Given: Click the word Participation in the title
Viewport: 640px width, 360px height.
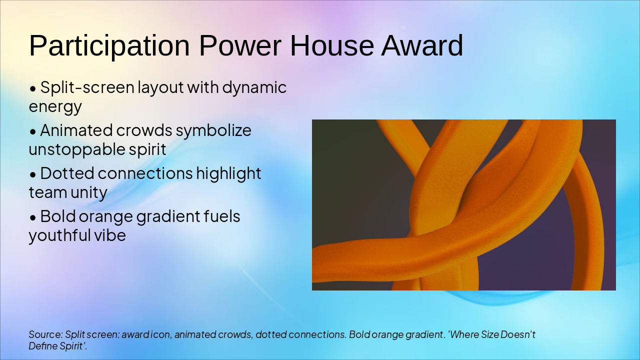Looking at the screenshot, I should [109, 46].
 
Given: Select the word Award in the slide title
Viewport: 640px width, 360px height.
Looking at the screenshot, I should [422, 46].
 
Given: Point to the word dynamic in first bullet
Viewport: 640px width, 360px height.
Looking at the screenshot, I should [254, 88].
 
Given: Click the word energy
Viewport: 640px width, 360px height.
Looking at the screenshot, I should [55, 107].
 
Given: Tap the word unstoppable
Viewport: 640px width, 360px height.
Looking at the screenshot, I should [74, 149].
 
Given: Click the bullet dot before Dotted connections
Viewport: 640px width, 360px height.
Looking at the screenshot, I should [33, 174].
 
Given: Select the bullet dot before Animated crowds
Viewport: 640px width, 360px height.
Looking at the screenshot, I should [33, 131].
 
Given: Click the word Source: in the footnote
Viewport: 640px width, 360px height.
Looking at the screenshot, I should [45, 334].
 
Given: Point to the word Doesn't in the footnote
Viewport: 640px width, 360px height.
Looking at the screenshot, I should [518, 334].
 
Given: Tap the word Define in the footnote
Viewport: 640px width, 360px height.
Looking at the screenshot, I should [41, 346].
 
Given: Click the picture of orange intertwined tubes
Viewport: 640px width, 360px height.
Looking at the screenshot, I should [463, 205].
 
